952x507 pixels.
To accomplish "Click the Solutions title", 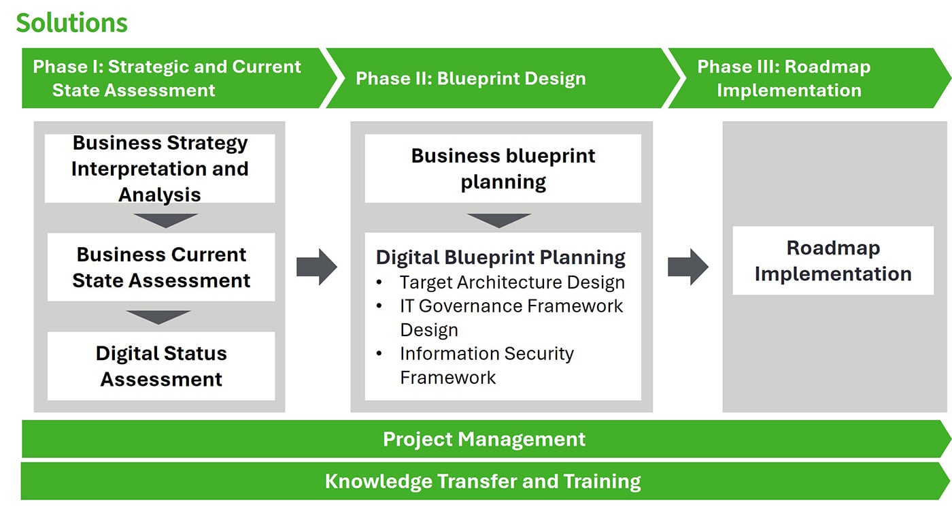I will click(x=72, y=23).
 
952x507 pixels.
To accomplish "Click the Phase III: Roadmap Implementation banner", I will click(x=789, y=78).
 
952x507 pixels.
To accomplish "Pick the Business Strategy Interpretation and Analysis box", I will click(x=160, y=169).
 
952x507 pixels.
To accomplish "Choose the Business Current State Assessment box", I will click(x=161, y=267).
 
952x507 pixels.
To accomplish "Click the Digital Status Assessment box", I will click(x=161, y=366).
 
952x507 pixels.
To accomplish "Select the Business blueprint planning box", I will click(x=503, y=169).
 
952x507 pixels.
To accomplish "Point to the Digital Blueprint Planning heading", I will click(x=500, y=257).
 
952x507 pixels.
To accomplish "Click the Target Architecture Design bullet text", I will click(x=512, y=282).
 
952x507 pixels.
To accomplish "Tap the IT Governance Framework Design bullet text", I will click(x=511, y=317).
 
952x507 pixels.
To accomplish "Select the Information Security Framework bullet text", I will click(x=487, y=365).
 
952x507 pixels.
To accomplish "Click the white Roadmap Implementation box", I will click(x=833, y=261).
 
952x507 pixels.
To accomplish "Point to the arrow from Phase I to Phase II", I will click(x=316, y=267).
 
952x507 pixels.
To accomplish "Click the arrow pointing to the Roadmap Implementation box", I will click(x=687, y=267).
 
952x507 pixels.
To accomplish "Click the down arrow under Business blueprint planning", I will click(x=499, y=220).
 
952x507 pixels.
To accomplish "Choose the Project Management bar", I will click(x=484, y=439).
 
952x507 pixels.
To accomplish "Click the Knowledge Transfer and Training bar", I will click(x=483, y=482).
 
